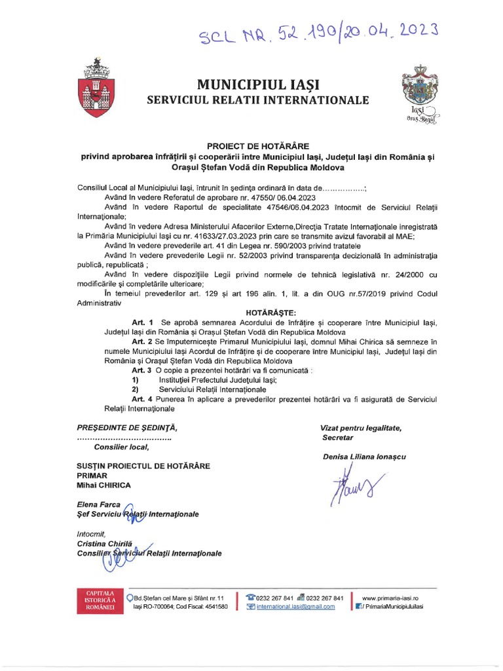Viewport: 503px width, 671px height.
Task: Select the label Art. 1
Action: (142, 323)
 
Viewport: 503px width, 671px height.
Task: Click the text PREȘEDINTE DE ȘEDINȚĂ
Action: (126, 427)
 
